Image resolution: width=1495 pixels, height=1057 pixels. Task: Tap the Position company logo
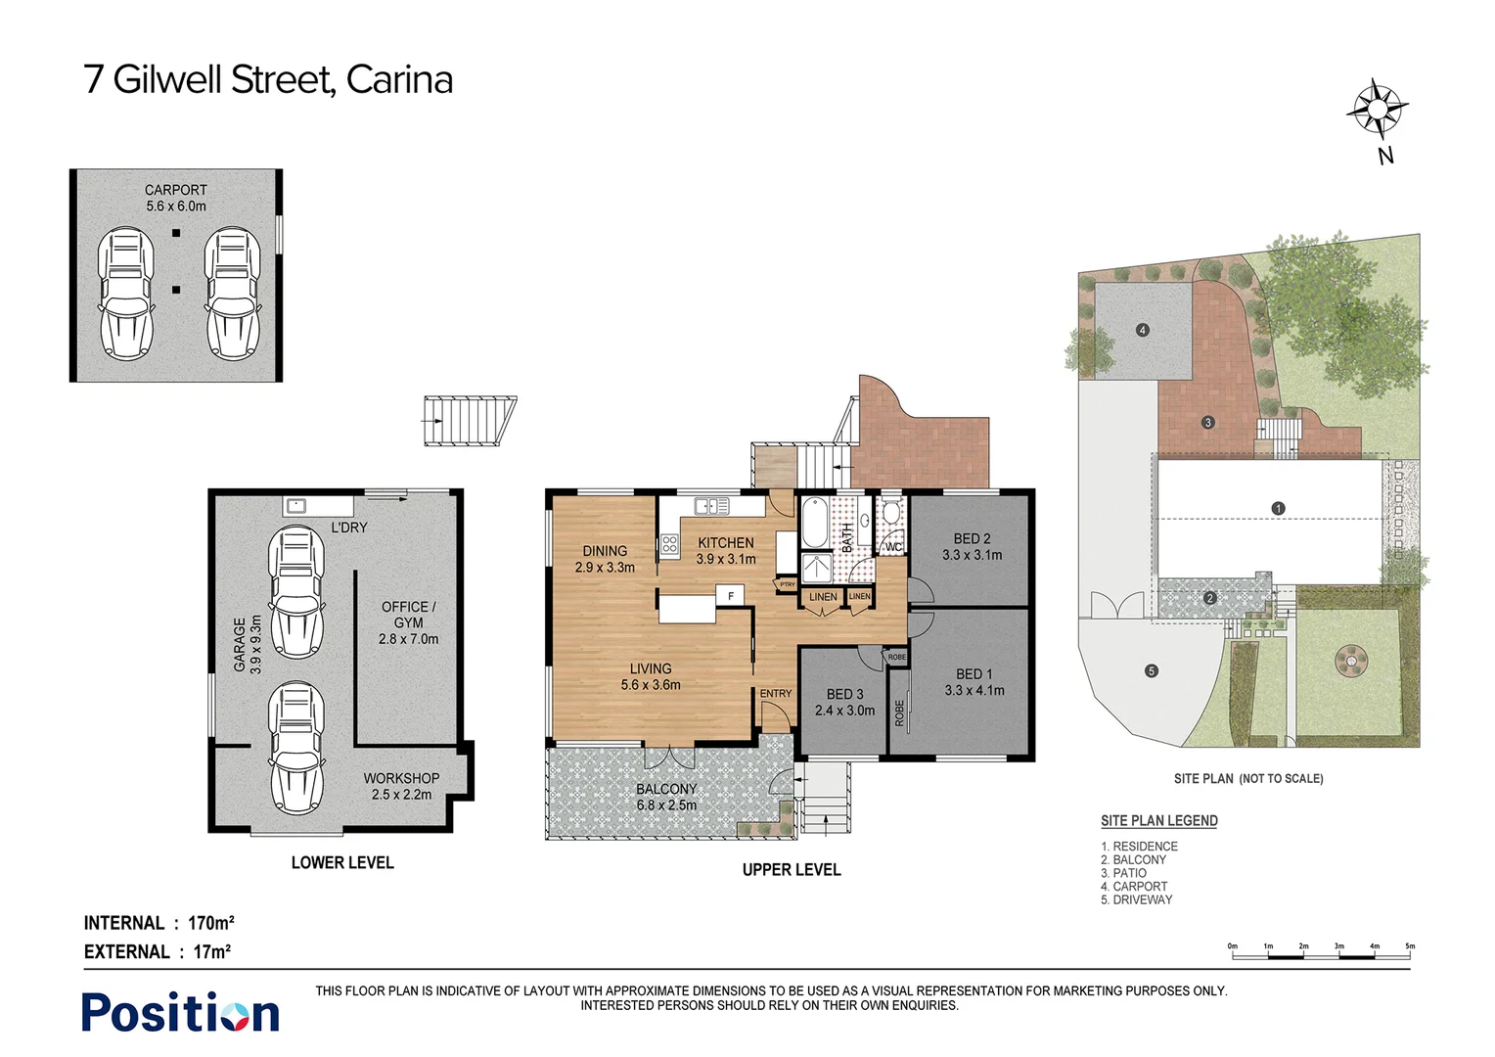pyautogui.click(x=180, y=1013)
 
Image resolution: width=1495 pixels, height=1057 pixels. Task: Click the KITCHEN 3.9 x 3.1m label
pyautogui.click(x=725, y=551)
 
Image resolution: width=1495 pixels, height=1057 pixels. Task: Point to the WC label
pyautogui.click(x=893, y=548)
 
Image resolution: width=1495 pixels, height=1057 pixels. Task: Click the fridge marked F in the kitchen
pyautogui.click(x=730, y=595)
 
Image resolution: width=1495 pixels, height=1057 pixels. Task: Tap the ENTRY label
pyautogui.click(x=776, y=694)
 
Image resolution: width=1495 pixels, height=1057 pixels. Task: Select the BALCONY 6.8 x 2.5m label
pyautogui.click(x=666, y=797)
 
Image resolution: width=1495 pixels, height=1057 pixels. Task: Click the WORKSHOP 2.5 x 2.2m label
pyautogui.click(x=401, y=786)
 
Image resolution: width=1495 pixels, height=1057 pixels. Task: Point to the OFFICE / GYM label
pyautogui.click(x=408, y=622)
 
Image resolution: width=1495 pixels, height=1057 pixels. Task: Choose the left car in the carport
pyautogui.click(x=126, y=294)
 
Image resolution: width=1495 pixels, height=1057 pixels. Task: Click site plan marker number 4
pyautogui.click(x=1142, y=330)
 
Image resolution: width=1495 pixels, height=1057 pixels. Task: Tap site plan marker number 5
pyautogui.click(x=1152, y=671)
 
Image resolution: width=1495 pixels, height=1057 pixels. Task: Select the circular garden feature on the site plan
pyautogui.click(x=1351, y=661)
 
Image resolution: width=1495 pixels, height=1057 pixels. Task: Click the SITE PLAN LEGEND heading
pyautogui.click(x=1158, y=821)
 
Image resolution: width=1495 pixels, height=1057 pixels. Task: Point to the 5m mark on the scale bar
pyautogui.click(x=1410, y=949)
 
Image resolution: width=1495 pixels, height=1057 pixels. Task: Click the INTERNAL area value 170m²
pyautogui.click(x=210, y=923)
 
